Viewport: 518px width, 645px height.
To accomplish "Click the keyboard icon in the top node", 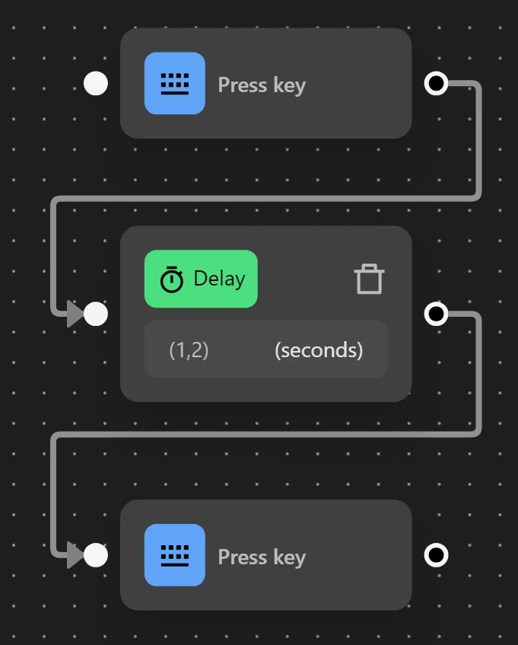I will [174, 84].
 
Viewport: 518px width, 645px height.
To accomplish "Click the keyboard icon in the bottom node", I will [174, 555].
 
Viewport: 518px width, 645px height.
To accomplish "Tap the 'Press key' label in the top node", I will [262, 85].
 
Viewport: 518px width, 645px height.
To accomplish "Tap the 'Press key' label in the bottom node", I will [262, 557].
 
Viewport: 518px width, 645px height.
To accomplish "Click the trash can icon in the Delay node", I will [369, 279].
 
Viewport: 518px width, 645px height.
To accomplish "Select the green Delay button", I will [201, 279].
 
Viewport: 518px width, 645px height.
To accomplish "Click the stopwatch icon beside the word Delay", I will [172, 279].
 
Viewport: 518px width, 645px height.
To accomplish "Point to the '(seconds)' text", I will [318, 350].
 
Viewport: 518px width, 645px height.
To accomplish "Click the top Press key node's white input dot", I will [95, 83].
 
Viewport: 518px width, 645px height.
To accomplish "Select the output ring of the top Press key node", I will [435, 83].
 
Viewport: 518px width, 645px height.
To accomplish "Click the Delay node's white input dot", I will [95, 313].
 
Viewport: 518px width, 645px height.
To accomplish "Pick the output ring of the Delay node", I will [435, 313].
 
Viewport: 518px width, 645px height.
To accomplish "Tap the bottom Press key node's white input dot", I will [95, 555].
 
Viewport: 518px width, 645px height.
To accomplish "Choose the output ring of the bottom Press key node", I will [435, 555].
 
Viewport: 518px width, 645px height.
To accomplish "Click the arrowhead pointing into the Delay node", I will [75, 313].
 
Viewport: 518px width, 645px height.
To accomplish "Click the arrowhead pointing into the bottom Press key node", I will [75, 555].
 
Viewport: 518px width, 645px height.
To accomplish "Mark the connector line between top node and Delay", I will [266, 199].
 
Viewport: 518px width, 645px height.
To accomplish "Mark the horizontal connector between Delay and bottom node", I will [266, 435].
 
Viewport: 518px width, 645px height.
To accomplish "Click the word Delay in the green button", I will [219, 279].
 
